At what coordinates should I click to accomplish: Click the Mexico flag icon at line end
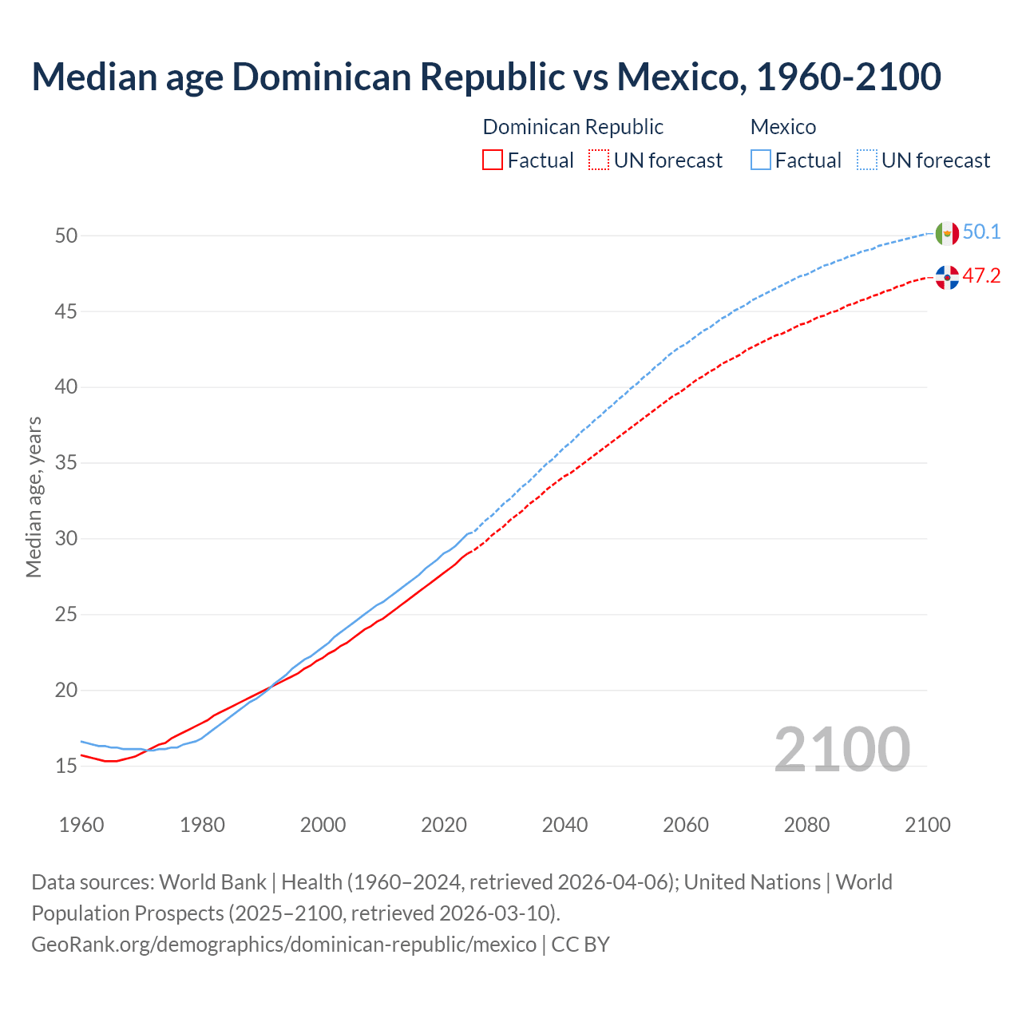click(947, 233)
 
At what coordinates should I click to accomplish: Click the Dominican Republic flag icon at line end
click(947, 277)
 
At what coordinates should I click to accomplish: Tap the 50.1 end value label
click(981, 232)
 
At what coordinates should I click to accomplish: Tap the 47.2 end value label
click(981, 275)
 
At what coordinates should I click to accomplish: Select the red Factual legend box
click(493, 160)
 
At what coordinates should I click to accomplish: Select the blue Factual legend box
click(761, 160)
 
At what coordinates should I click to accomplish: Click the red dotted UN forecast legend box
click(599, 160)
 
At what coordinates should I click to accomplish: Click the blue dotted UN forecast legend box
click(867, 160)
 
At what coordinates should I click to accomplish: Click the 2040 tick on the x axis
click(564, 825)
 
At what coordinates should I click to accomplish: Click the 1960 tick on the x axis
click(81, 825)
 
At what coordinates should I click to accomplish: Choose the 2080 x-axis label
click(806, 825)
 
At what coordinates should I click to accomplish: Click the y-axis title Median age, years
click(34, 497)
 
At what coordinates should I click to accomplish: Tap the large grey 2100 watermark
click(842, 749)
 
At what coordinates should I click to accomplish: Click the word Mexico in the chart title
click(679, 77)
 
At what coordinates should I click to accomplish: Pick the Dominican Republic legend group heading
click(572, 127)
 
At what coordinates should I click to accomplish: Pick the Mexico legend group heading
click(783, 127)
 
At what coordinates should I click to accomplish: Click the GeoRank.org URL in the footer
click(283, 945)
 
